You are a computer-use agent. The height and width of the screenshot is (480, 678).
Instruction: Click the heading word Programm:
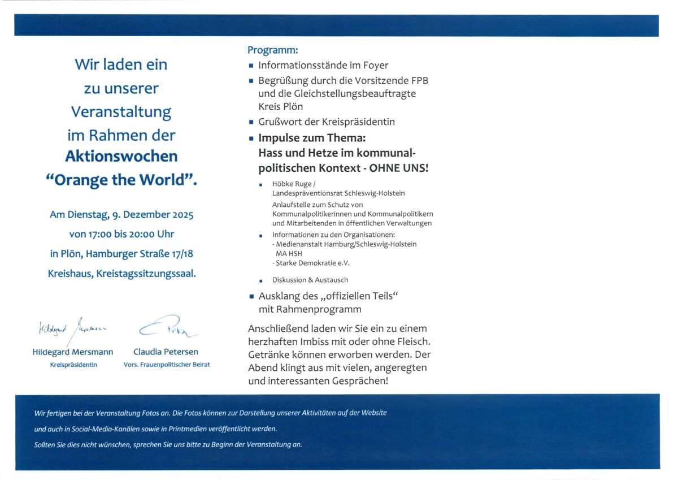point(272,50)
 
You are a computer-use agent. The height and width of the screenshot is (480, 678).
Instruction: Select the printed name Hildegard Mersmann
point(73,352)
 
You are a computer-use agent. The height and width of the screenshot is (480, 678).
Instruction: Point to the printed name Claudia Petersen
point(166,352)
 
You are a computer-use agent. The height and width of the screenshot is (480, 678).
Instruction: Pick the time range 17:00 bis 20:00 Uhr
point(121,234)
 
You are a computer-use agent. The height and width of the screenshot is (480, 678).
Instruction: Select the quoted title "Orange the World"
point(121,180)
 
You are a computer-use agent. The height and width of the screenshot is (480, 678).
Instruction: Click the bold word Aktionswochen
point(121,156)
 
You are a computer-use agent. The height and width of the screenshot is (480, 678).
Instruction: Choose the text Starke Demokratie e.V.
point(309,263)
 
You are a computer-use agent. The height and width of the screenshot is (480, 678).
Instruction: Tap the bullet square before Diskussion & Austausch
point(260,280)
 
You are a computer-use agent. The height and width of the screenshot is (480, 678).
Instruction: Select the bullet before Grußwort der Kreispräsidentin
point(251,122)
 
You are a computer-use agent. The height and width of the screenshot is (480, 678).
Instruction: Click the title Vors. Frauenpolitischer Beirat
point(167,365)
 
